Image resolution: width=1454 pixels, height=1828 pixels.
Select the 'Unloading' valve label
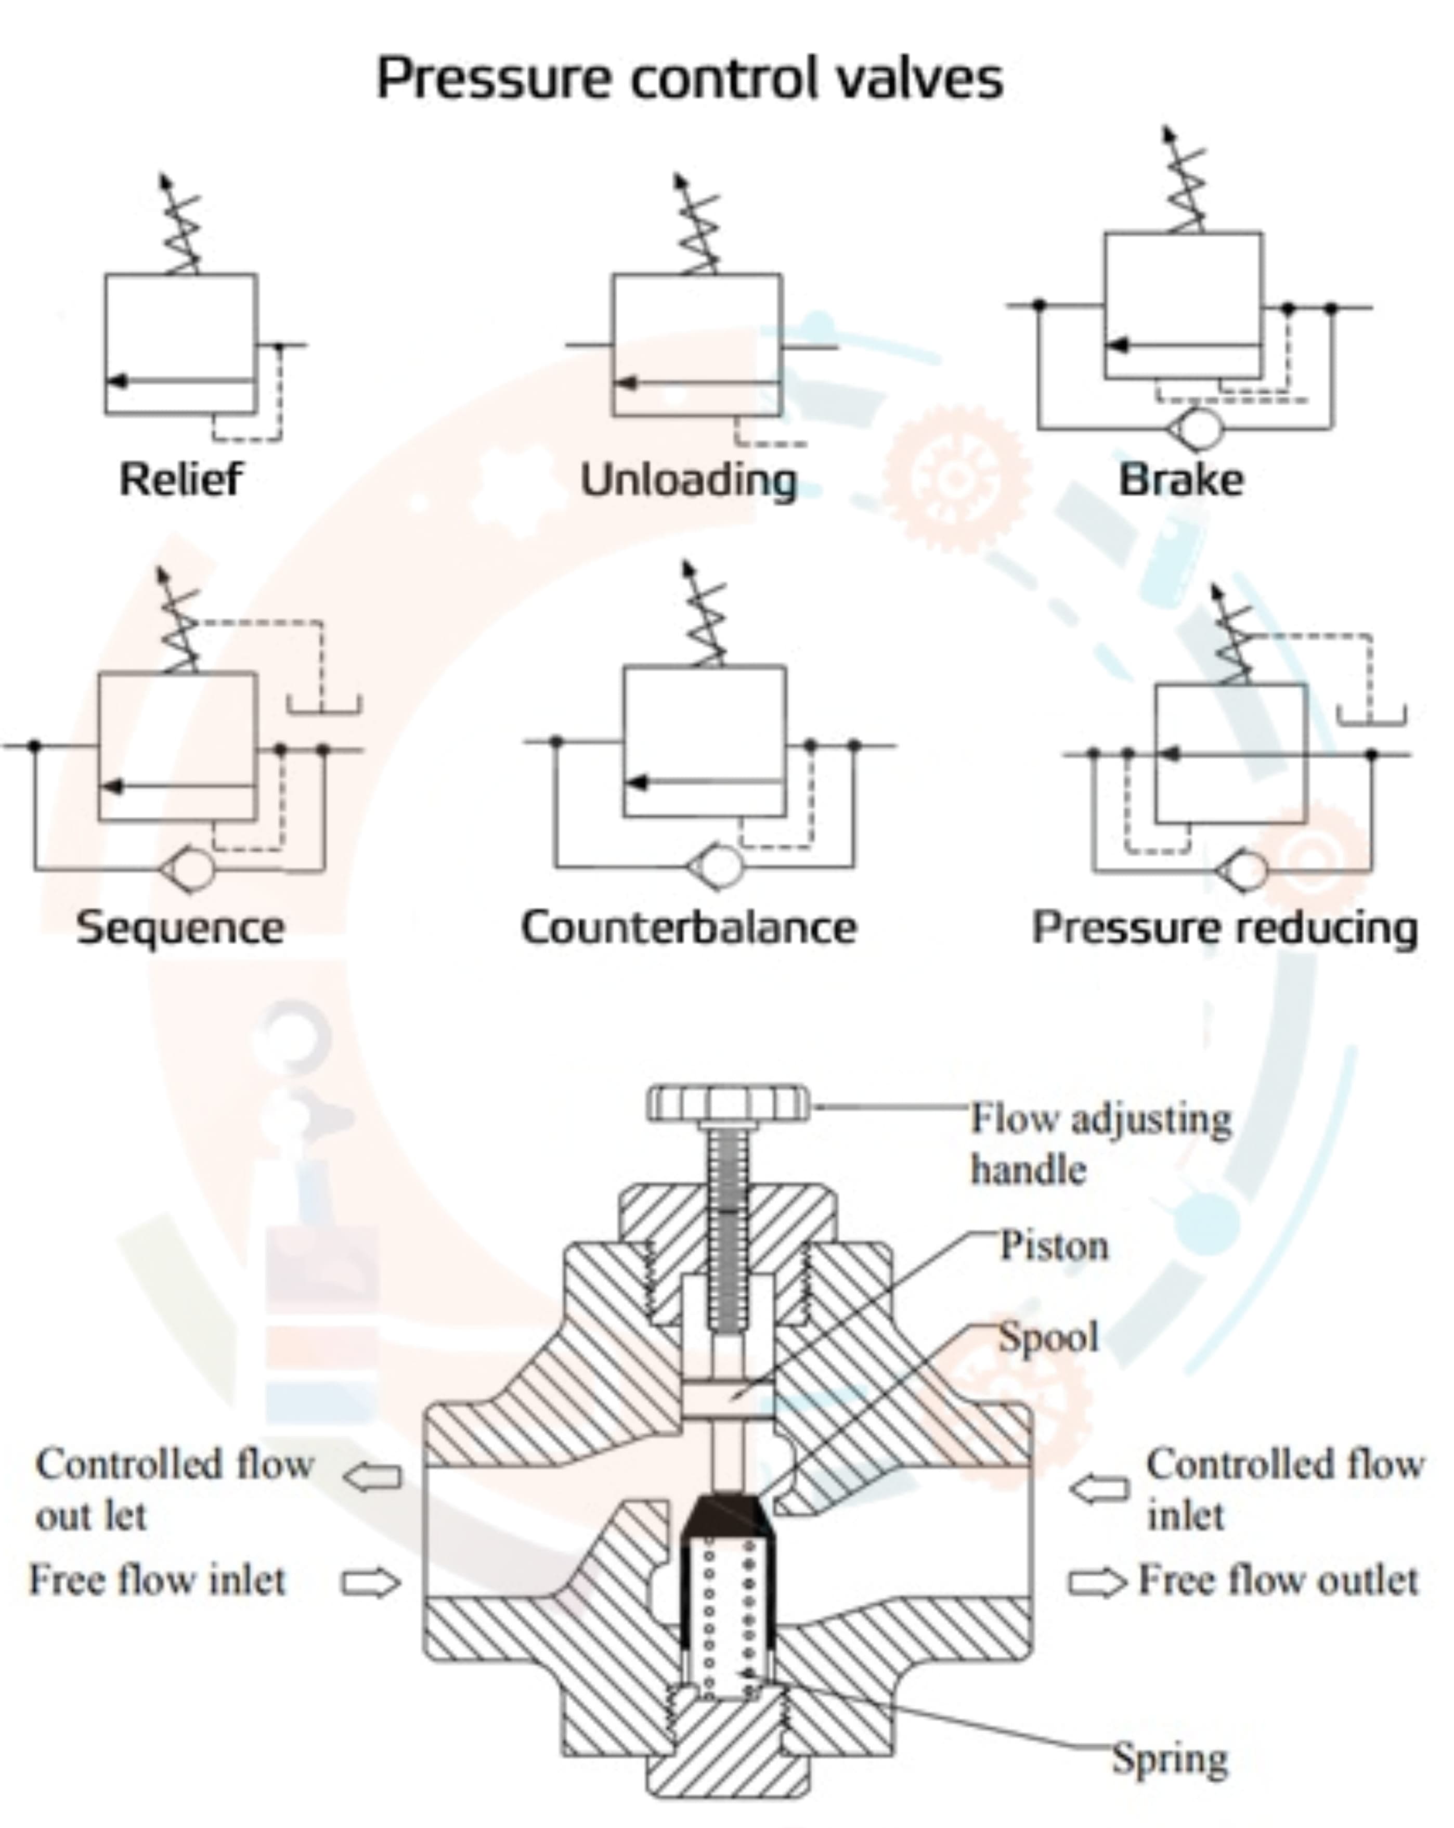tap(689, 480)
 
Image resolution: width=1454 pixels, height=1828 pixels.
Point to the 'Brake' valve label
tap(1181, 480)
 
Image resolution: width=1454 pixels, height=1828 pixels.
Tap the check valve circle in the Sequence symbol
tap(191, 869)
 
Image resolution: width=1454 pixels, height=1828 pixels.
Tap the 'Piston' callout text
tap(1054, 1245)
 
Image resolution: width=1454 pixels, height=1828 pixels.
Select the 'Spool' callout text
tap(1048, 1337)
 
